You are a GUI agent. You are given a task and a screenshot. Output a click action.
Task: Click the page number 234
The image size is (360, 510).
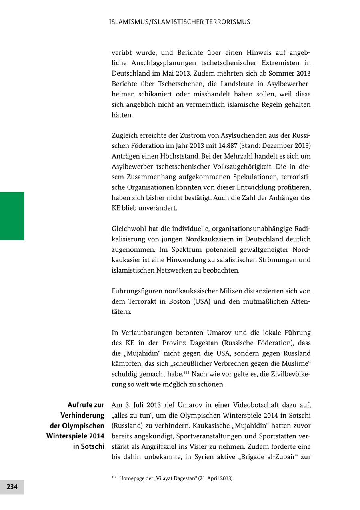(x=12, y=487)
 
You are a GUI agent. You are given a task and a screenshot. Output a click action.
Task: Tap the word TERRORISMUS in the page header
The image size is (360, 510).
(x=228, y=22)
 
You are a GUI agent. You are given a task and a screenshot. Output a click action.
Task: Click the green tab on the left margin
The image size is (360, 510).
(x=12, y=216)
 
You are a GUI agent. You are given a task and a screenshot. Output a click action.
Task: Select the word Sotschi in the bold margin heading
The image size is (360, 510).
(x=92, y=446)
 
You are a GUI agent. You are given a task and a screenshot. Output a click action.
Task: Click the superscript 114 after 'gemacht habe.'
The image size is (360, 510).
(x=186, y=373)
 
